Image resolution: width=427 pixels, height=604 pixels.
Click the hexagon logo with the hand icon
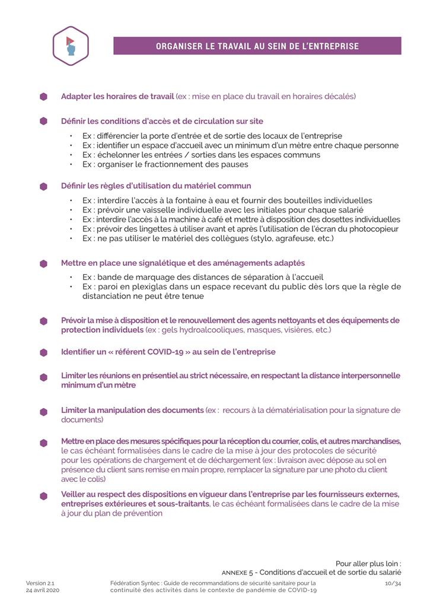pyautogui.click(x=71, y=46)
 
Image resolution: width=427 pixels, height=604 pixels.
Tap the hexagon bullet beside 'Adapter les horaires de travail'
pyautogui.click(x=43, y=96)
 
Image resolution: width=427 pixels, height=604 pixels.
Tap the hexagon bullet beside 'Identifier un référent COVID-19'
pyautogui.click(x=43, y=352)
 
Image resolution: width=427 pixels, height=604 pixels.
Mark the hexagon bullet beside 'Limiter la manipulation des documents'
pyautogui.click(x=43, y=411)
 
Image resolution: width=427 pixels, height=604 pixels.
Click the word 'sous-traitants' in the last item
pyautogui.click(x=181, y=504)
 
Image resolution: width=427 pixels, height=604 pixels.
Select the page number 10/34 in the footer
pyautogui.click(x=393, y=583)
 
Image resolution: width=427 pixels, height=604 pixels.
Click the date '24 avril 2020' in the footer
pyautogui.click(x=43, y=590)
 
